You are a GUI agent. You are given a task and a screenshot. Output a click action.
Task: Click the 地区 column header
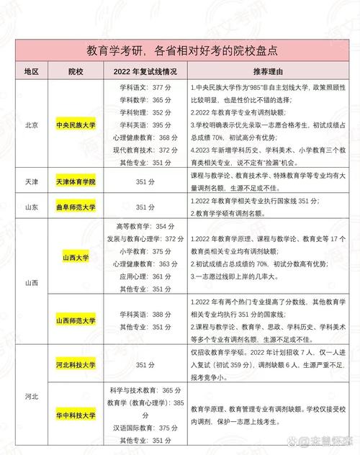pyautogui.click(x=30, y=73)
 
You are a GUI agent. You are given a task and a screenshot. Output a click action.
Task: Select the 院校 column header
pyautogui.click(x=76, y=73)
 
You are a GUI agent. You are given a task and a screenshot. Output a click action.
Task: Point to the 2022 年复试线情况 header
pyautogui.click(x=145, y=73)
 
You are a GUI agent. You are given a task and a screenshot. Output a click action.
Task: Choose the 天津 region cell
pyautogui.click(x=30, y=182)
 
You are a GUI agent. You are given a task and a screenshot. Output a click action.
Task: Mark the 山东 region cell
pyautogui.click(x=30, y=207)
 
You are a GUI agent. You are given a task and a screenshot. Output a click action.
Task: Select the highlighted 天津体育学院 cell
pyautogui.click(x=76, y=182)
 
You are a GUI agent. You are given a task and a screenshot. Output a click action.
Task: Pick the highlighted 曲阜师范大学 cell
pyautogui.click(x=76, y=207)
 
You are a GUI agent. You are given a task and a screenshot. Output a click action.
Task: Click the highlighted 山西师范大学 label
pyautogui.click(x=76, y=318)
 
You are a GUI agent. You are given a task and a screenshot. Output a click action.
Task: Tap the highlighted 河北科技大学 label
pyautogui.click(x=76, y=364)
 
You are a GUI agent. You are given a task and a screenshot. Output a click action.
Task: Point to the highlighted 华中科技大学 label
pyautogui.click(x=76, y=415)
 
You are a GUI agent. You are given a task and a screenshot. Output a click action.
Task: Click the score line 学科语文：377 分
pyautogui.click(x=145, y=87)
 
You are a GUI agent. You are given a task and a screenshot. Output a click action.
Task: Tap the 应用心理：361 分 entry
pyautogui.click(x=145, y=276)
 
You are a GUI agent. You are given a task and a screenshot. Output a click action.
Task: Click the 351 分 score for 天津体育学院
pyautogui.click(x=145, y=182)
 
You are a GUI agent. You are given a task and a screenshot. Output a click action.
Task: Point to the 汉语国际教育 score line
pyautogui.click(x=145, y=427)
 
